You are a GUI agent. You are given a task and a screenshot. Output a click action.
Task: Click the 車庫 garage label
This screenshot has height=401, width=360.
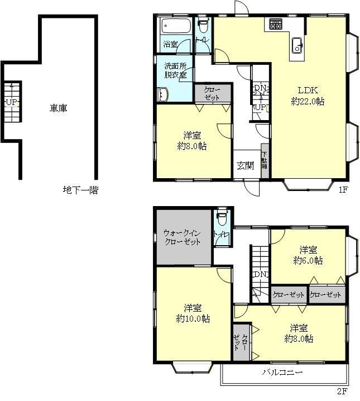pyautogui.click(x=58, y=108)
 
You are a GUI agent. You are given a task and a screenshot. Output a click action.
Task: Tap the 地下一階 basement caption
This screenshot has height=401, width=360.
pyautogui.click(x=81, y=190)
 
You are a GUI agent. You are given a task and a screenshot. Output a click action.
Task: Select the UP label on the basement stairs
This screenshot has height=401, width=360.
pyautogui.click(x=12, y=102)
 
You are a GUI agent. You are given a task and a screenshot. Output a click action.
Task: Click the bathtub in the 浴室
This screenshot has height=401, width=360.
pyautogui.click(x=176, y=26)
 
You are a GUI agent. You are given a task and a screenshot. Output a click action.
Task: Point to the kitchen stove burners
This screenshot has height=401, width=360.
pyautogui.click(x=275, y=25)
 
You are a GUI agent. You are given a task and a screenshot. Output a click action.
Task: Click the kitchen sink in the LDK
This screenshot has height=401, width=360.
pyautogui.click(x=297, y=46)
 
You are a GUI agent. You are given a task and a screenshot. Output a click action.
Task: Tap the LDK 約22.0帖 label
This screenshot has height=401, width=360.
pyautogui.click(x=308, y=96)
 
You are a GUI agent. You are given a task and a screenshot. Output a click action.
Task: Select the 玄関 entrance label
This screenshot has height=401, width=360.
pyautogui.click(x=245, y=166)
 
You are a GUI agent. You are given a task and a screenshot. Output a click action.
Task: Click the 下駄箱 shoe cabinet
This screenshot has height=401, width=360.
pyautogui.click(x=265, y=161)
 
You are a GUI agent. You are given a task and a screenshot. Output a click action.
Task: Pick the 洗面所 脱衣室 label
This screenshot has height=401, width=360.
pyautogui.click(x=175, y=70)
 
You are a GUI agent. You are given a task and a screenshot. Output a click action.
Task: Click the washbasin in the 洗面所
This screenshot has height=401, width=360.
pyautogui.click(x=162, y=94)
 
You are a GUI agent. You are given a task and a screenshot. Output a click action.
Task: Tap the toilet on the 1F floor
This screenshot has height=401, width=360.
pyautogui.click(x=203, y=25)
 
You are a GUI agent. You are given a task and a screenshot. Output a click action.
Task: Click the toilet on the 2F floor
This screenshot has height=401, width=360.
pyautogui.click(x=222, y=217)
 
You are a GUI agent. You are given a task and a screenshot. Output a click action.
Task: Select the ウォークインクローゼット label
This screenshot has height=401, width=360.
pyautogui.click(x=182, y=237)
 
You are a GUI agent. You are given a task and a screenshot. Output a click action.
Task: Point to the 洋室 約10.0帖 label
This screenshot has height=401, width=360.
pyautogui.click(x=193, y=313)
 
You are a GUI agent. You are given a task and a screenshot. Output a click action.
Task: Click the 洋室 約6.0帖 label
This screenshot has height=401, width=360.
pyautogui.click(x=308, y=255)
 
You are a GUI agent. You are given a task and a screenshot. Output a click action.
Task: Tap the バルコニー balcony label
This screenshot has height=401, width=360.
pyautogui.click(x=282, y=372)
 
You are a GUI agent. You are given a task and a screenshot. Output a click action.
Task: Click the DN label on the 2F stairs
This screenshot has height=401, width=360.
pyautogui.click(x=260, y=274)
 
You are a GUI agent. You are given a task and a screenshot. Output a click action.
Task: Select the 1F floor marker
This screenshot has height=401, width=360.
pyautogui.click(x=343, y=189)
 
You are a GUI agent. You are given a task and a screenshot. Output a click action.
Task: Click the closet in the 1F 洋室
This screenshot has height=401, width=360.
pyautogui.click(x=213, y=93)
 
